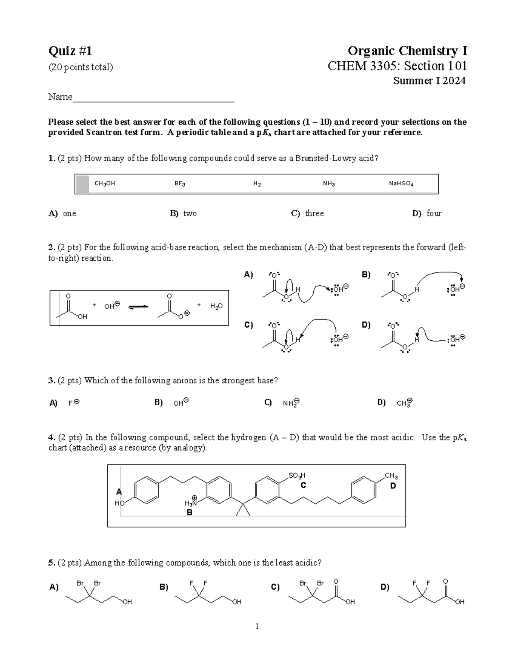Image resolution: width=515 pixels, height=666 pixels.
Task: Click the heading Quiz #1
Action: tap(70, 51)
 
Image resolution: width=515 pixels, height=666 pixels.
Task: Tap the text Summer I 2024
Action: tap(429, 81)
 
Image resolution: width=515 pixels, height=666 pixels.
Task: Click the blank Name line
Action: tap(153, 98)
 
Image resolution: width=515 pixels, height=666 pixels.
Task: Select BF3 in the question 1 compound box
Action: tap(179, 184)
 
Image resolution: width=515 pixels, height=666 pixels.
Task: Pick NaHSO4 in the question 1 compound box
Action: tap(400, 184)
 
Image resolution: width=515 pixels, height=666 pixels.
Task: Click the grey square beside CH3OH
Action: tap(82, 184)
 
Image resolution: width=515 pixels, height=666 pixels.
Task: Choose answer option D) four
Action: tap(427, 213)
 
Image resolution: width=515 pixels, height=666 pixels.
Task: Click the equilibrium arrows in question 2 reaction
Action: tap(138, 307)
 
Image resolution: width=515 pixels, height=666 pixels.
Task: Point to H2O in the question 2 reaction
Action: tap(216, 306)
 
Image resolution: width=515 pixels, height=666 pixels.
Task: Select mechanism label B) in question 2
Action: tap(366, 275)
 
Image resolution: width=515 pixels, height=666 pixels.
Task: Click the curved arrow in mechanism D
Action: tap(429, 335)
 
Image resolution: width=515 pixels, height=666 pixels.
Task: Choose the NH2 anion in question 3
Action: tap(291, 403)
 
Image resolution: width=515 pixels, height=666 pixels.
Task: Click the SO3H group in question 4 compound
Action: tap(297, 476)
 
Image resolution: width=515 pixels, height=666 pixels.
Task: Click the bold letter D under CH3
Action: tap(393, 486)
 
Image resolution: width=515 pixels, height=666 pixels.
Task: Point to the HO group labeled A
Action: tap(119, 503)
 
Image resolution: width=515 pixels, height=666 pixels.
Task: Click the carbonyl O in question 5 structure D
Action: tap(445, 581)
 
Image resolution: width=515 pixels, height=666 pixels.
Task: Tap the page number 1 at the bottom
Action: tap(257, 627)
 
